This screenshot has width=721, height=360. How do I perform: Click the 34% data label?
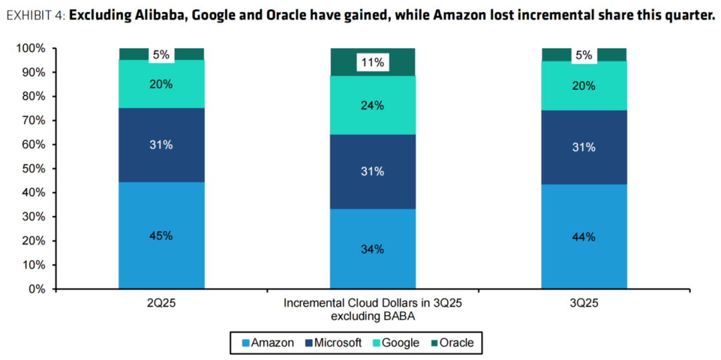[x=373, y=249]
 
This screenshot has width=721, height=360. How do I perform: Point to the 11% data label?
[x=373, y=63]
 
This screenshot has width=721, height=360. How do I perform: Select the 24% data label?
[x=373, y=106]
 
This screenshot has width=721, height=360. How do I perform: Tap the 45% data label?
[x=162, y=235]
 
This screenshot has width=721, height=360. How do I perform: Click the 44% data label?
[x=584, y=236]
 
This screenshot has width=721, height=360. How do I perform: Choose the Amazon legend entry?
[x=267, y=343]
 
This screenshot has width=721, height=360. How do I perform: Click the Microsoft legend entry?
[x=333, y=343]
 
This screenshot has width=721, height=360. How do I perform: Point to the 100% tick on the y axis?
[x=31, y=48]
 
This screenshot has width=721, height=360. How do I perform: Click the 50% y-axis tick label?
[x=33, y=168]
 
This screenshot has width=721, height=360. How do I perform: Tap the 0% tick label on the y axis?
[x=37, y=289]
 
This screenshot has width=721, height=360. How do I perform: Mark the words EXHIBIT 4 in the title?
[x=33, y=16]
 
